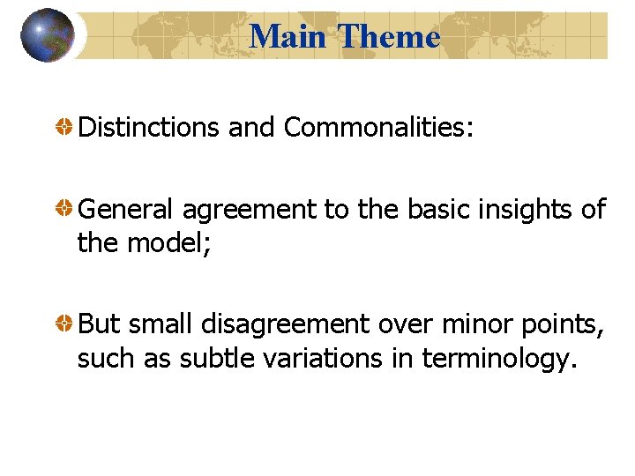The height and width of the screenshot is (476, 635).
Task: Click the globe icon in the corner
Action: [x=47, y=35]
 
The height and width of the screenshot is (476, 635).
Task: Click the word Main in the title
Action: [x=289, y=36]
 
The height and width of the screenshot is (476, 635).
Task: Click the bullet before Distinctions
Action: [x=65, y=128]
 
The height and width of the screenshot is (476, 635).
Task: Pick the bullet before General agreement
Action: [x=65, y=210]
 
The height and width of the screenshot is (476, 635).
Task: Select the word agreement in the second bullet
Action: [x=247, y=210]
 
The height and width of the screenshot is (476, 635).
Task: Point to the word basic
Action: [x=438, y=210]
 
